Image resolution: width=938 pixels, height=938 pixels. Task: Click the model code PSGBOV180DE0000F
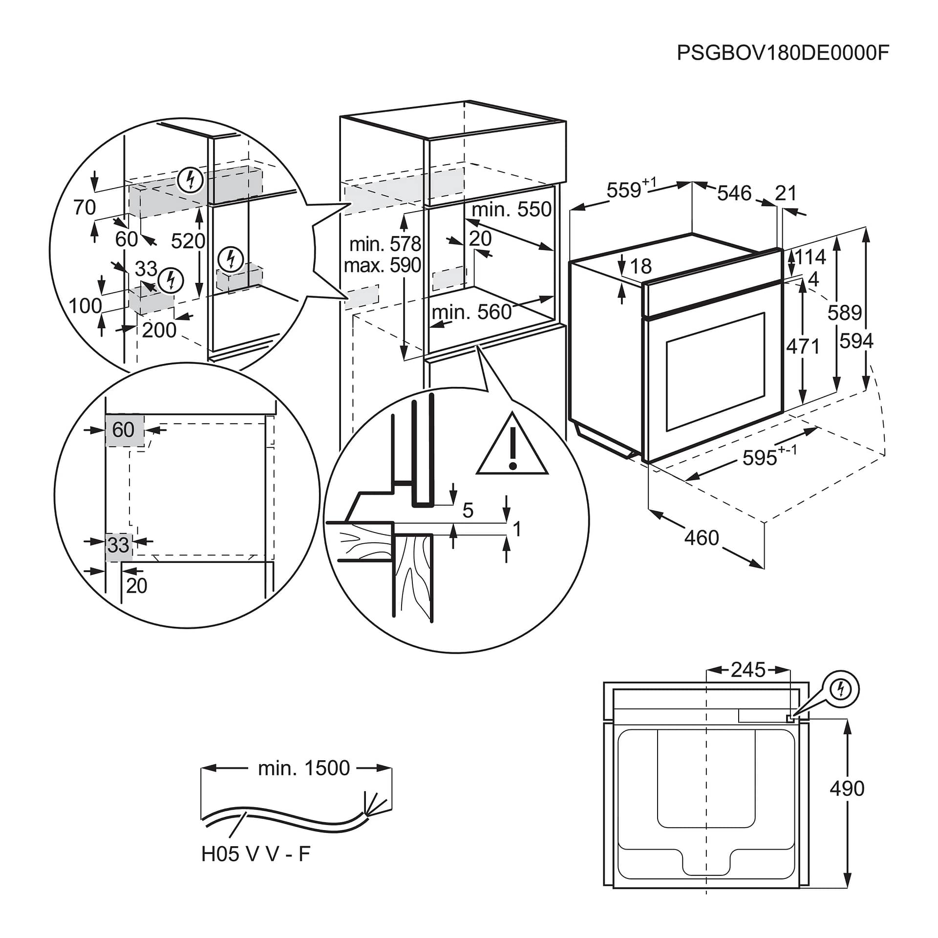point(783,53)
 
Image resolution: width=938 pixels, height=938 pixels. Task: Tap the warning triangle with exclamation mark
point(512,446)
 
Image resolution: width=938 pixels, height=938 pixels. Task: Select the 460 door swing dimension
point(702,538)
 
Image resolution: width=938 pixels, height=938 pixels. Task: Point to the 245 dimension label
point(748,670)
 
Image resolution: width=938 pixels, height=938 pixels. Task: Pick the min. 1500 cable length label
point(303,768)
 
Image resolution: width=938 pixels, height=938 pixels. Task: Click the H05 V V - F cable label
point(256,854)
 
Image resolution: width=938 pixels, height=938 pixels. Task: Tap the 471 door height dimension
point(803,346)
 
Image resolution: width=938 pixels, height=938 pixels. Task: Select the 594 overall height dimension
point(856,341)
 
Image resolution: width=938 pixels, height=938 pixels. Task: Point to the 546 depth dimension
point(734,193)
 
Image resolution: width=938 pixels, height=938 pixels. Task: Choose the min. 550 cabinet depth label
point(512,209)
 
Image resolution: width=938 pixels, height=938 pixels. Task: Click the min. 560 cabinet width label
point(471,312)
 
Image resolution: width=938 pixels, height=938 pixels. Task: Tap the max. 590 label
point(382,265)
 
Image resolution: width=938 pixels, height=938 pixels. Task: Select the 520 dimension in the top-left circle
point(188,241)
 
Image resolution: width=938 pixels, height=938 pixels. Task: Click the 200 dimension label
point(159,330)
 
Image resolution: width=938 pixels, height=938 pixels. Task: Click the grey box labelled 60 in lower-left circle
point(125,430)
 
